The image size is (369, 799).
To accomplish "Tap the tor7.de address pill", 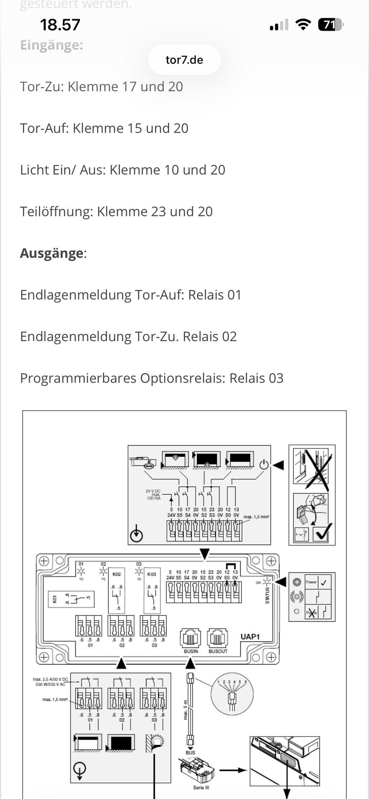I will coord(184,60).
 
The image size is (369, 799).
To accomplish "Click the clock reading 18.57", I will coord(60,25).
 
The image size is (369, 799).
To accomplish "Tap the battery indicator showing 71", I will coord(330,25).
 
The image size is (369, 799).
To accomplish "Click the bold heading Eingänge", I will coord(52,45).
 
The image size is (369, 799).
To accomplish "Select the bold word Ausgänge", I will coord(52,253).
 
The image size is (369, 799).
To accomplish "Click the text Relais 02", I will coord(209,337).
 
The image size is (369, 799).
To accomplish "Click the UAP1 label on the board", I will coord(250,637).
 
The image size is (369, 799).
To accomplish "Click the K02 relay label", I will coord(116,574).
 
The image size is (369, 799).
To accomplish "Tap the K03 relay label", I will coord(152,574).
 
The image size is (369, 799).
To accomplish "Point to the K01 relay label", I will coord(54,599).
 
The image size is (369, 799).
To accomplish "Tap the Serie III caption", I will coord(201,787).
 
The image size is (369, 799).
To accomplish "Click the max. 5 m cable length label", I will coord(185,709).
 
